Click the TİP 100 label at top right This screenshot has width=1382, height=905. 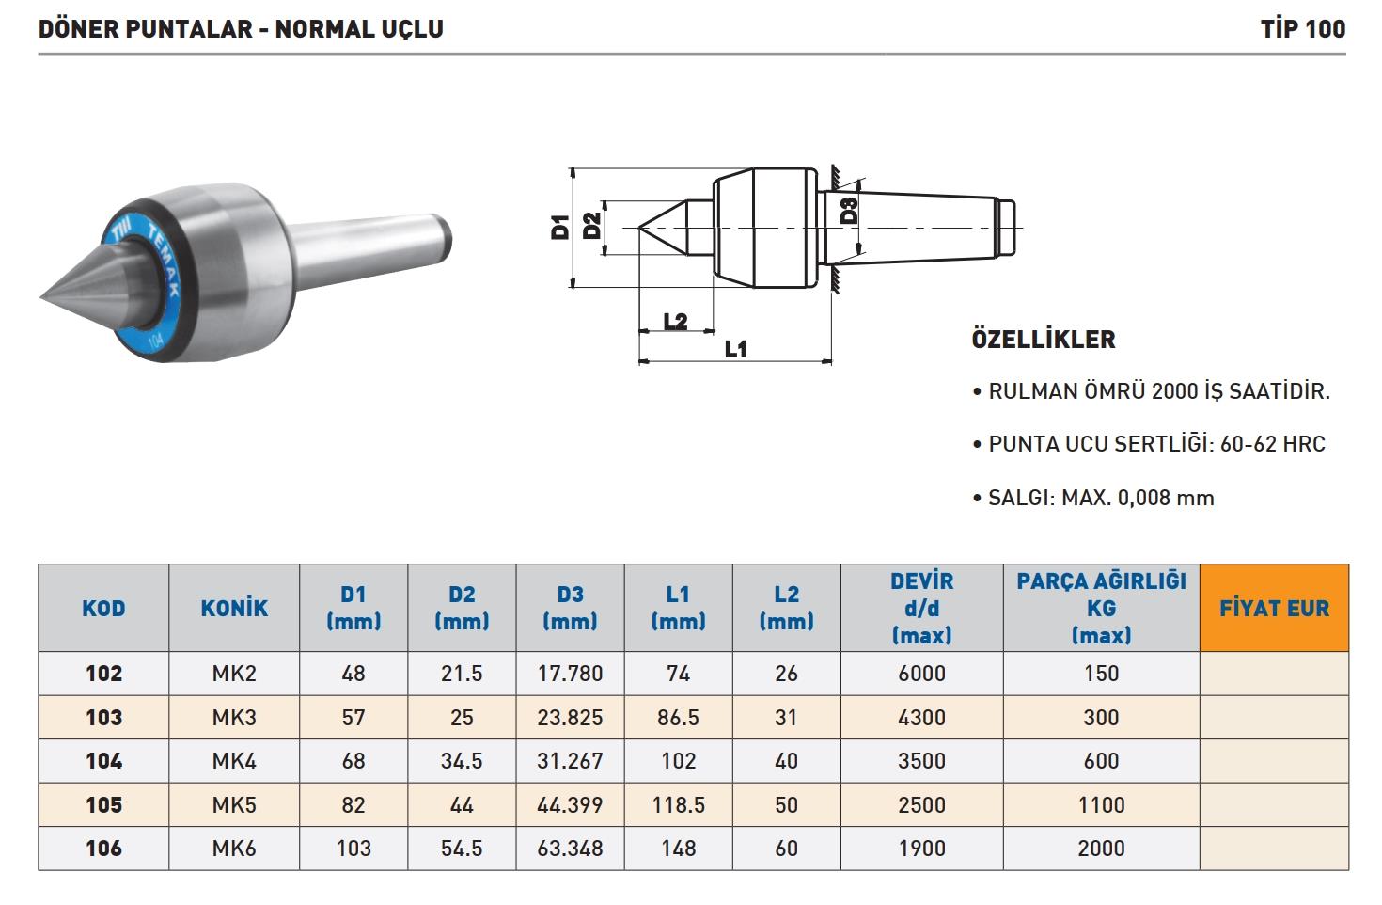(x=1302, y=29)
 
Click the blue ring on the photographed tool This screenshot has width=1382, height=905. (x=143, y=285)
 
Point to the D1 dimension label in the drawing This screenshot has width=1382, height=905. (x=560, y=227)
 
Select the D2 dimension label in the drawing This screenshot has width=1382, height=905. (x=591, y=226)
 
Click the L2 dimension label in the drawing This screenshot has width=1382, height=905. (x=675, y=321)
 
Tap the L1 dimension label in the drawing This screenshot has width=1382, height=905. (x=735, y=349)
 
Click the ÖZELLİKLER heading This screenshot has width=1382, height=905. (x=1044, y=340)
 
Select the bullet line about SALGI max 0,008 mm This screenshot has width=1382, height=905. (x=1093, y=498)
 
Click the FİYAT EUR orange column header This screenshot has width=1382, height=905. (x=1274, y=608)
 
